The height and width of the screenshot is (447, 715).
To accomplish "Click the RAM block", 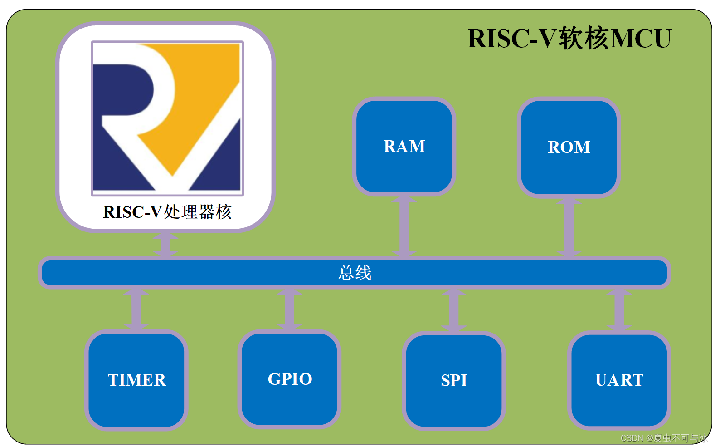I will coord(404,147).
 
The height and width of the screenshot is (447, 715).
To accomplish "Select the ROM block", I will coord(569,147).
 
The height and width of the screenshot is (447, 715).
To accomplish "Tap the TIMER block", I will coord(136,380).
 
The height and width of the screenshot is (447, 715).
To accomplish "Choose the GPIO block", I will coord(290,379).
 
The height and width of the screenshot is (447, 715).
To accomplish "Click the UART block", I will coord(619,380).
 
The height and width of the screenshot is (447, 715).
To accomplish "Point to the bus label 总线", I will coord(355,273).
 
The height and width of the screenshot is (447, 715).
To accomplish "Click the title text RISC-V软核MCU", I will coord(569,38).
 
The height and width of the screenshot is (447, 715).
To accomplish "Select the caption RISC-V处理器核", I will coord(167,212).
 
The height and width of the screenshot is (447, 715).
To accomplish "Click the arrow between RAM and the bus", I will coord(404,226).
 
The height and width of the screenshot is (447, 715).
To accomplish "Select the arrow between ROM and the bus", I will coord(569,227).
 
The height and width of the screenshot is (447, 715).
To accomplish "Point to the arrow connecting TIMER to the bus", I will coord(136,309).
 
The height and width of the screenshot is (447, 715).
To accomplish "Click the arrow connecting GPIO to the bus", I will coord(290,309).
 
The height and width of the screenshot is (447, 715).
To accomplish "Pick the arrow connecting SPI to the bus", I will coord(454,310).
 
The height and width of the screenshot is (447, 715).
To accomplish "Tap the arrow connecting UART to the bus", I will coord(619,310).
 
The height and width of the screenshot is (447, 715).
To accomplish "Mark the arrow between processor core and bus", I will coord(165,245).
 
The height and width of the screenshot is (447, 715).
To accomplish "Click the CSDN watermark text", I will coord(663,438).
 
